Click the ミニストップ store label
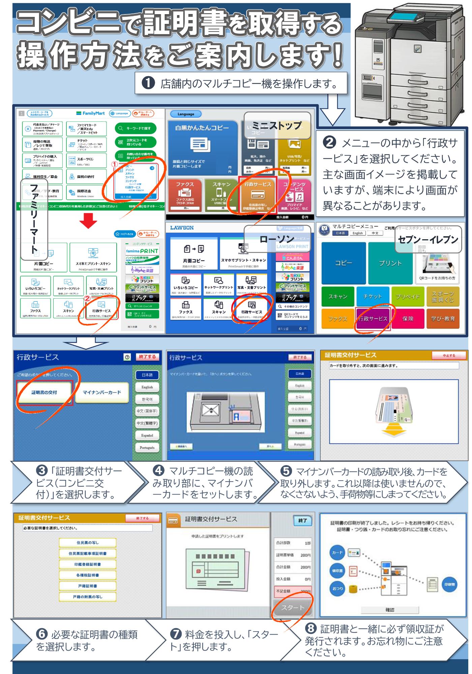pos(277,126)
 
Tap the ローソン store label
pos(277,239)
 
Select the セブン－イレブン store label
pos(428,239)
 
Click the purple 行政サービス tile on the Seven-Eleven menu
pos(373,318)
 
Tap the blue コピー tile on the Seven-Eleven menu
pos(343,263)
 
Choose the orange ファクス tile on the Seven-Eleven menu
pos(337,318)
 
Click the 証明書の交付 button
pos(44,392)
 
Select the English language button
pos(147,387)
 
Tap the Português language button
pos(147,448)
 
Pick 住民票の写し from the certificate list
pos(88,543)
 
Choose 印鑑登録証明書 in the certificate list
pos(88,564)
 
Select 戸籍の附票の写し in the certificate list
pos(88,597)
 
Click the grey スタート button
pos(292,608)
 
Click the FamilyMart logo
pos(90,114)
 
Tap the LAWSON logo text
pos(182,228)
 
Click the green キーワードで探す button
pos(136,128)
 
